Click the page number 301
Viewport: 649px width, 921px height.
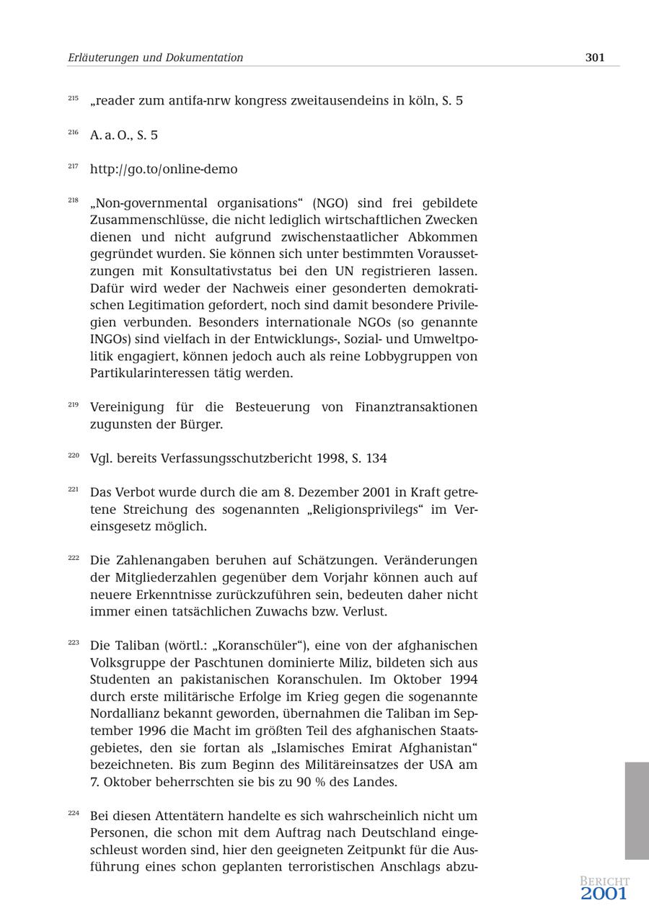pos(594,58)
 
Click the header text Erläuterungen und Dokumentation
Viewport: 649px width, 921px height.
pos(155,58)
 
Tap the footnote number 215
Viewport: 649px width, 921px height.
pos(74,98)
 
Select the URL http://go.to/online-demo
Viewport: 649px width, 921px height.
pos(164,169)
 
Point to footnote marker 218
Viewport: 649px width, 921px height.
pos(74,200)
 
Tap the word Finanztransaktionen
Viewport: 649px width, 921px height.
pos(416,407)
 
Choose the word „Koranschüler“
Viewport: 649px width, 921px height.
pos(260,646)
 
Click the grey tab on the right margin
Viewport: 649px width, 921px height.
pos(637,811)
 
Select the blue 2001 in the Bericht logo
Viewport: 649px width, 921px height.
pos(604,894)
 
